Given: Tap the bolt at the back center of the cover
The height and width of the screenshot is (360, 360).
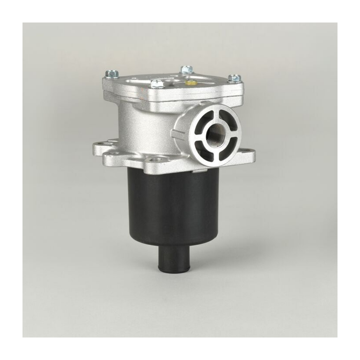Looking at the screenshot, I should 187,70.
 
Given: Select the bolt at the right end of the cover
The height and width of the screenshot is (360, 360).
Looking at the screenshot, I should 233,78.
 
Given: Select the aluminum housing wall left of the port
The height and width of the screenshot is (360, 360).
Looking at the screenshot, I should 144,126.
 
